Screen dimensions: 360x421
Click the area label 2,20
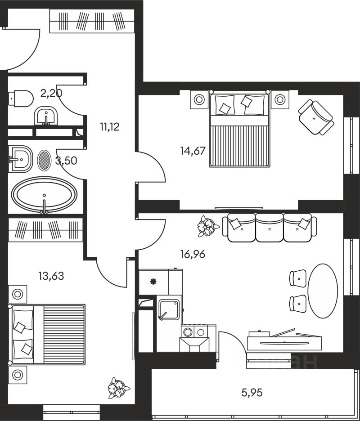51,94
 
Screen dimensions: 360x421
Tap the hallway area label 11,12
110,126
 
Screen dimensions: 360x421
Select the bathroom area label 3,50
66,161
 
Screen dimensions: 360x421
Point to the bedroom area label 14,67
193,151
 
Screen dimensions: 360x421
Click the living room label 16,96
193,255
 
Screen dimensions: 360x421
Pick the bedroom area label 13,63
51,276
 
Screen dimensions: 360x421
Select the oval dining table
323,291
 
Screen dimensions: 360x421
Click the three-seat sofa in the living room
269,228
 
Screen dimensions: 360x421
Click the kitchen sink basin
169,309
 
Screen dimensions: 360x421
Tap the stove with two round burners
194,332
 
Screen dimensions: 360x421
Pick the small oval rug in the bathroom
44,159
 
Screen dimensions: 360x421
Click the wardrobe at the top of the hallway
92,21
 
